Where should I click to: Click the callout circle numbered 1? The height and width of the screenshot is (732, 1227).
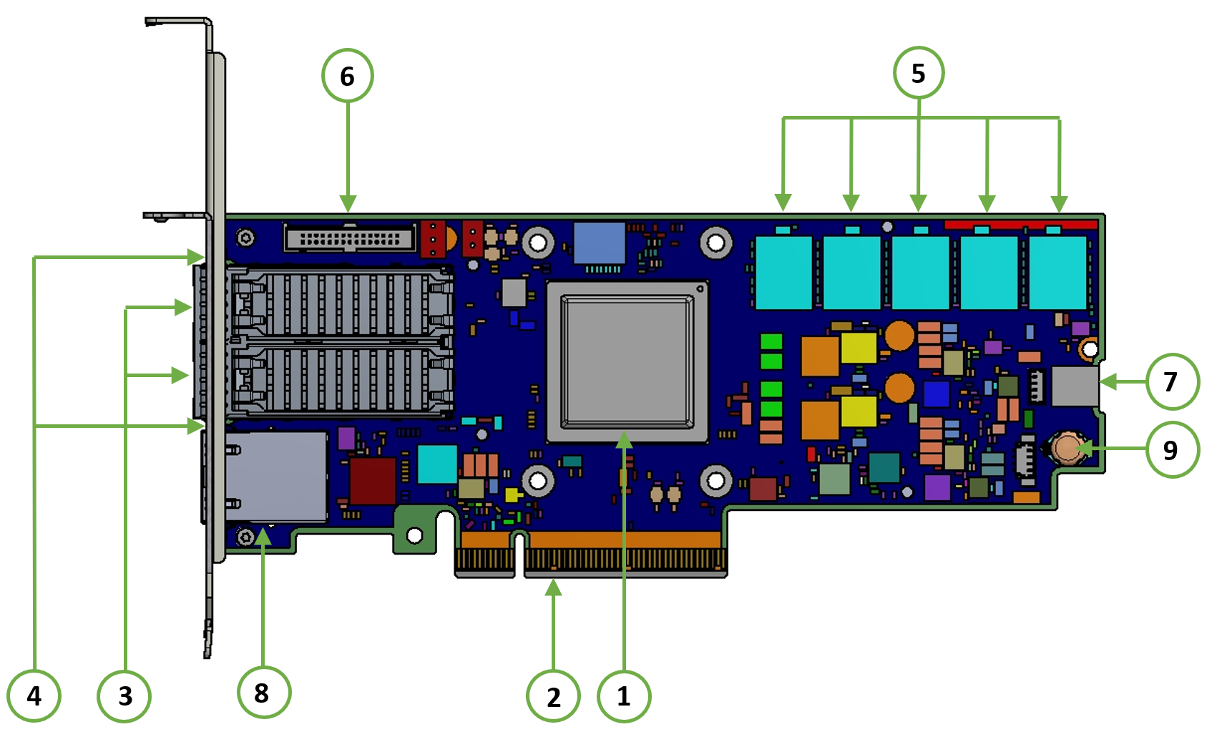point(624,696)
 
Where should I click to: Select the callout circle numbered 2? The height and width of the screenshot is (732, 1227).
point(553,696)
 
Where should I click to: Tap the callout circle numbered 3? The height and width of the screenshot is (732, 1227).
point(124,696)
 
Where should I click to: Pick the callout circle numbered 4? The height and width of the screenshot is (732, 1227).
point(34,696)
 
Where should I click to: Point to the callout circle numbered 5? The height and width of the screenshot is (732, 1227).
point(919,73)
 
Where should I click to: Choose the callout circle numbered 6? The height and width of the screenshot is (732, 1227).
point(348,75)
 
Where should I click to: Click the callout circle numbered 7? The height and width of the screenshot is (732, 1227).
point(1172,381)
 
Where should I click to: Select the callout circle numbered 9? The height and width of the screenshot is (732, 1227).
point(1172,449)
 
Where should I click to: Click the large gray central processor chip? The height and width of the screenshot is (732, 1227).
point(627,362)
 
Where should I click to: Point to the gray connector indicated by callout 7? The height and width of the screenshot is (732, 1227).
point(1075,386)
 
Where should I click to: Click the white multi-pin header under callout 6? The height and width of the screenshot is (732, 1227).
point(350,238)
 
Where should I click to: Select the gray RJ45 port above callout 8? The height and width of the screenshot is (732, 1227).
point(276,476)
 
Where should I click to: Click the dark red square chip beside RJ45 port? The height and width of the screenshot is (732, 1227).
point(373,481)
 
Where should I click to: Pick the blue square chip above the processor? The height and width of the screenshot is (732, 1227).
point(600,243)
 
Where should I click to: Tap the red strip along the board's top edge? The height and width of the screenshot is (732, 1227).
point(1021,225)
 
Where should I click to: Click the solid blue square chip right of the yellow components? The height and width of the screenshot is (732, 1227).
point(937,394)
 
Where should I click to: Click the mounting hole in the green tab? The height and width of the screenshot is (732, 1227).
point(414,535)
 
